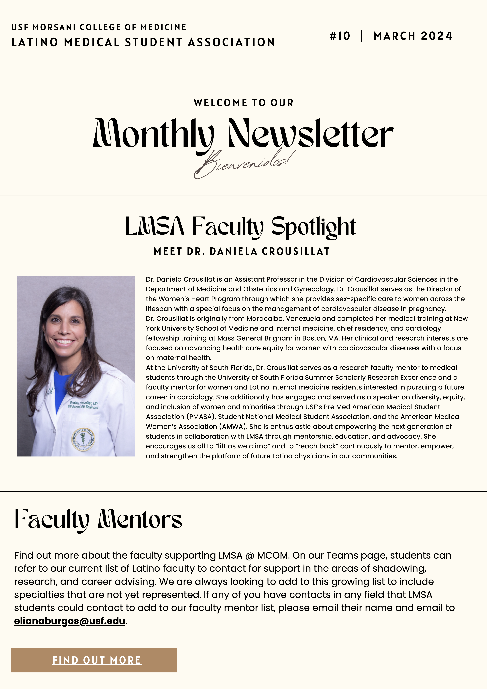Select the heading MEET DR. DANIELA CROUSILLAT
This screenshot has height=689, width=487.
(242, 251)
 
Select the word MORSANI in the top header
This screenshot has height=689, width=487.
(54, 27)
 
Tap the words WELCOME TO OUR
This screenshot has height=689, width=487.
(243, 103)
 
